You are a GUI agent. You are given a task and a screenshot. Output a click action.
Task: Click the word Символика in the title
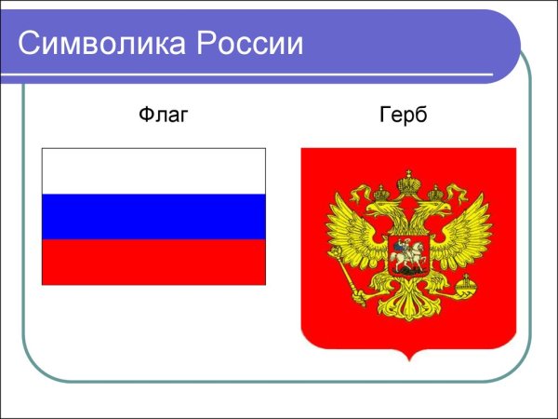pyautogui.click(x=98, y=43)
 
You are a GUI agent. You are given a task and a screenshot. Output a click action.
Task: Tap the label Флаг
pyautogui.click(x=163, y=116)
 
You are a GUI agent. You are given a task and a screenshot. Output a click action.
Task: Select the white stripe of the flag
pyautogui.click(x=153, y=171)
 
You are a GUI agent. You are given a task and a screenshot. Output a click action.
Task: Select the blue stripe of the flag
pyautogui.click(x=153, y=216)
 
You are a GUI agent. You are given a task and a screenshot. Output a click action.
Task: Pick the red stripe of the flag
pyautogui.click(x=153, y=262)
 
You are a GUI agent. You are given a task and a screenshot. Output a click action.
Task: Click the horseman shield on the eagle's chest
pyautogui.click(x=407, y=254)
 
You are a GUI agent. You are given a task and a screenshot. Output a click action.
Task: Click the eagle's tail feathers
pyautogui.click(x=407, y=307)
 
